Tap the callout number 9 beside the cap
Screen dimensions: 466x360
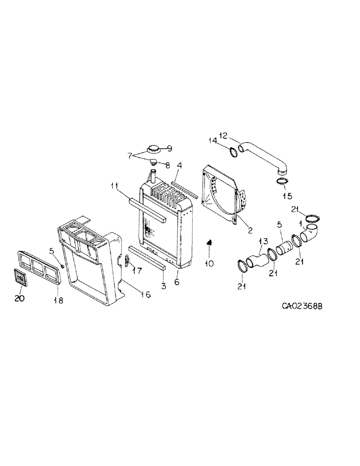(169, 149)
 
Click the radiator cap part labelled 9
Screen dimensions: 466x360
(152, 150)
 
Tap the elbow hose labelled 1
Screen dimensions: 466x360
(310, 233)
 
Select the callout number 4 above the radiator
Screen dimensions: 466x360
(179, 164)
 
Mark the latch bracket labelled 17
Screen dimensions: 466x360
(127, 261)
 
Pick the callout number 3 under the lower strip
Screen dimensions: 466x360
(163, 286)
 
